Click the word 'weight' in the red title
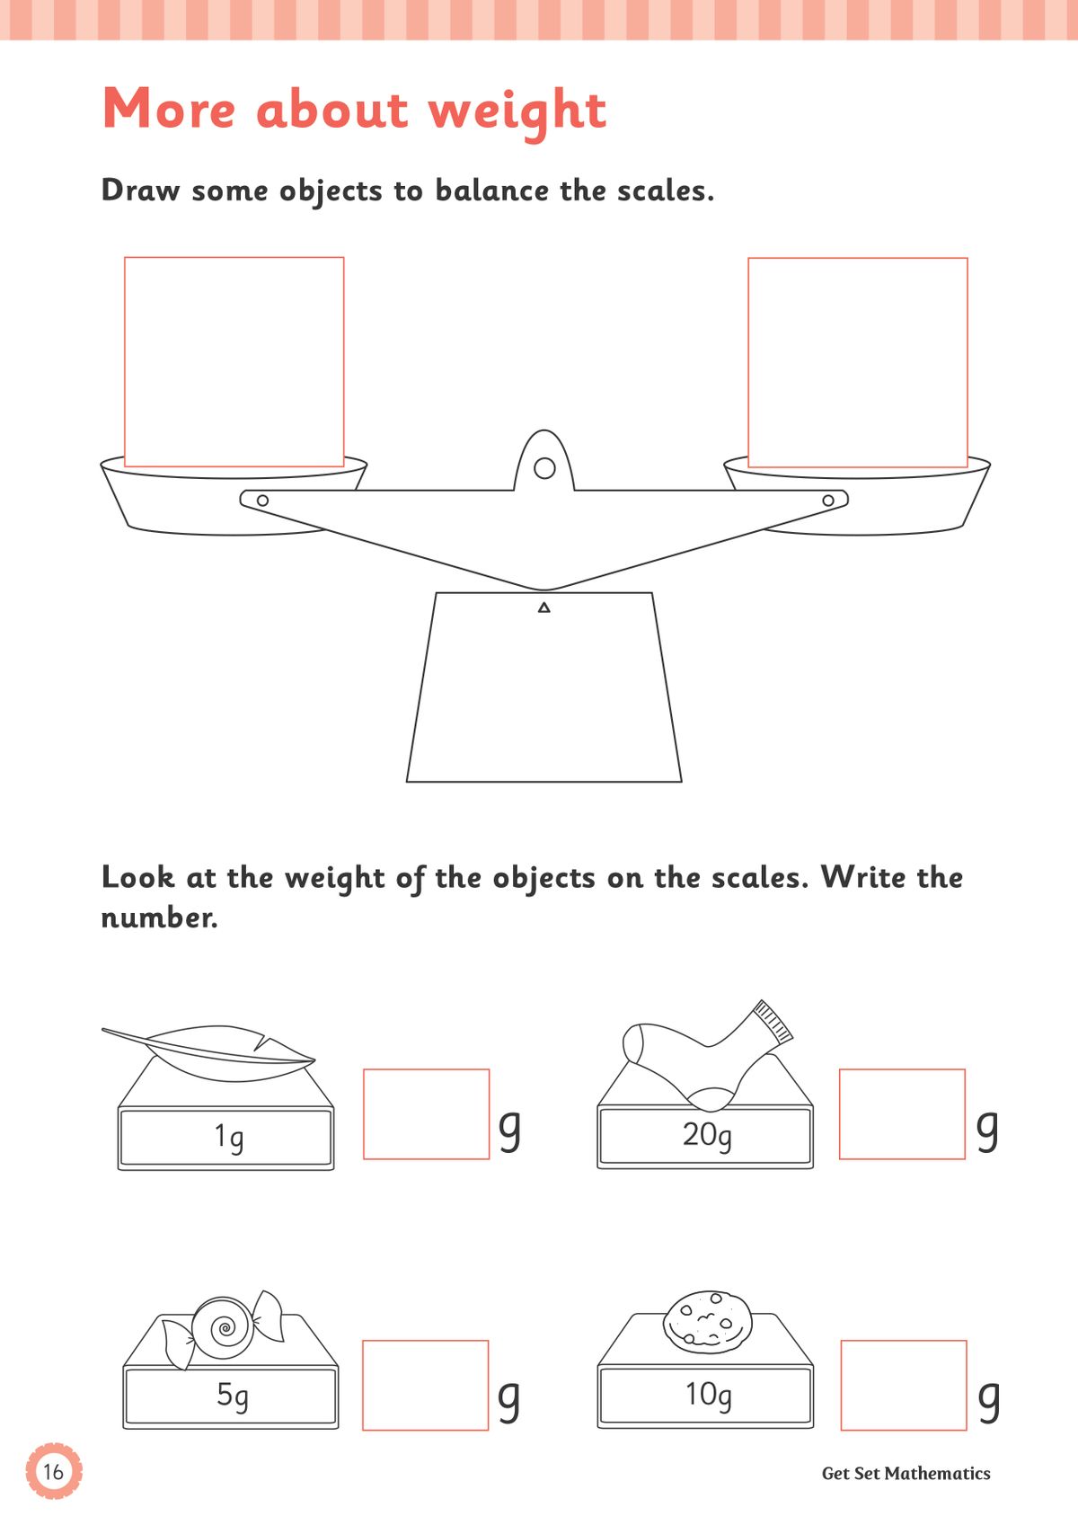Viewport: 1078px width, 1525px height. click(517, 111)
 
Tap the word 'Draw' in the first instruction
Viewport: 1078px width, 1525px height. click(140, 191)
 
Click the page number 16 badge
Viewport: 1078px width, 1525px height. click(54, 1471)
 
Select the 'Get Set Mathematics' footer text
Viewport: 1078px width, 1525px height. click(906, 1473)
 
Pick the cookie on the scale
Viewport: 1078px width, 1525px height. click(708, 1321)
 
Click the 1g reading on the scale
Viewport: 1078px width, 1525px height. click(229, 1137)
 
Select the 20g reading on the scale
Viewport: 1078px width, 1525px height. click(707, 1135)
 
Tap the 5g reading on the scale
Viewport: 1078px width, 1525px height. click(233, 1395)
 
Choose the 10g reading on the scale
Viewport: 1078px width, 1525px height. click(708, 1395)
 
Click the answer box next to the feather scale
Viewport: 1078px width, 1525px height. click(426, 1113)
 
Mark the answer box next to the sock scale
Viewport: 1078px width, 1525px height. click(902, 1113)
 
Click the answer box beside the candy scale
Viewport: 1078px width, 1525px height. click(425, 1385)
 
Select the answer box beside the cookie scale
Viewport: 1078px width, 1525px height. click(903, 1385)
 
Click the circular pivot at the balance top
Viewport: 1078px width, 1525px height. click(544, 468)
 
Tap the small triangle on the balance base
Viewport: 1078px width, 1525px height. click(543, 608)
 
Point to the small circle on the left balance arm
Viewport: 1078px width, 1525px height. click(262, 501)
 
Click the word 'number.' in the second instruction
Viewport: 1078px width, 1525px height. click(159, 918)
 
